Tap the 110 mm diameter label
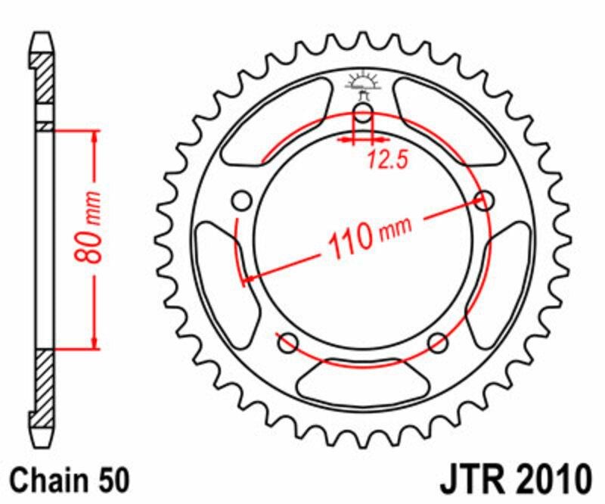click(x=369, y=236)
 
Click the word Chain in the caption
click(x=46, y=481)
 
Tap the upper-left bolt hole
click(x=241, y=201)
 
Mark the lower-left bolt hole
click(x=287, y=343)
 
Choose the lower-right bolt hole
click(x=438, y=343)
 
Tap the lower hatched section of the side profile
click(x=44, y=386)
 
